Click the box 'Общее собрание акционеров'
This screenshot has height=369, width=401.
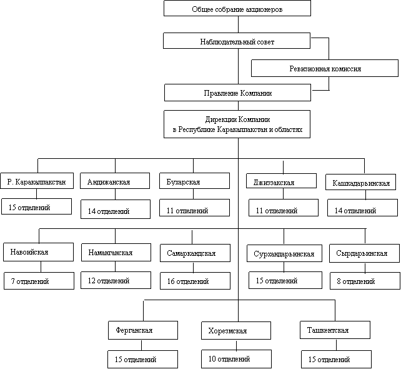[x=237, y=8]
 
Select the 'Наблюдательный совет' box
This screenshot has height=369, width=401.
[x=237, y=41]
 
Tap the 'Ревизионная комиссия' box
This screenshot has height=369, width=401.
[x=325, y=68]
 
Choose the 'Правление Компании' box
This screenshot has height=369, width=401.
[x=237, y=93]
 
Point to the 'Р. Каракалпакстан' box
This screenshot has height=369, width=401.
[x=37, y=181]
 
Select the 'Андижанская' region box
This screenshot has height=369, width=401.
[x=115, y=181]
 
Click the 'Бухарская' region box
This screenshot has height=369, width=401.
[x=195, y=181]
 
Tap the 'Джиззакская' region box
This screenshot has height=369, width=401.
[x=281, y=181]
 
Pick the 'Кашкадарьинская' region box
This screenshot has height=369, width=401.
[x=361, y=182]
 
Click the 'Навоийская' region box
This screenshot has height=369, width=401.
[x=38, y=252]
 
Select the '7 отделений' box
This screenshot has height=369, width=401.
[x=39, y=281]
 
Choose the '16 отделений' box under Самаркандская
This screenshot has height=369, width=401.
[x=195, y=281]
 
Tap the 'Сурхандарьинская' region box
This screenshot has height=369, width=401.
[x=284, y=253]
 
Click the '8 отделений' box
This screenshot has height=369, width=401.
[x=365, y=281]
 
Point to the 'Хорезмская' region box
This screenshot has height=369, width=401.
[x=236, y=331]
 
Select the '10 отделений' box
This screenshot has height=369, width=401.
[x=237, y=359]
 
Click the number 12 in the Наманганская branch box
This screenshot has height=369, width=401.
[x=92, y=281]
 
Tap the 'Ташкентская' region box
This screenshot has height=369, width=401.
[x=335, y=330]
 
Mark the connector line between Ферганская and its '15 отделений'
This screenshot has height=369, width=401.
[x=141, y=345]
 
